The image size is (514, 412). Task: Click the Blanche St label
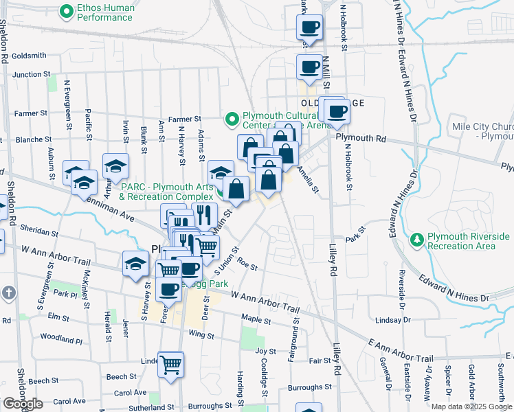pyautogui.click(x=29, y=139)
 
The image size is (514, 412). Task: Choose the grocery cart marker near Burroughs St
pyautogui.click(x=170, y=364)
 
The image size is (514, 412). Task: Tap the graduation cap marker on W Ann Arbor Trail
pyautogui.click(x=135, y=264)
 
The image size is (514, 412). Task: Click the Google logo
pyautogui.click(x=23, y=404)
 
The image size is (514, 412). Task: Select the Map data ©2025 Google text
pyautogui.click(x=471, y=407)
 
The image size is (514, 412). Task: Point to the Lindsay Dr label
pyautogui.click(x=393, y=320)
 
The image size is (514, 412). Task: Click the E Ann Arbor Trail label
pyautogui.click(x=401, y=350)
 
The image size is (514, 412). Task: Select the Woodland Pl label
pyautogui.click(x=61, y=338)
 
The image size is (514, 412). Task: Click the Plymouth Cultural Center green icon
pyautogui.click(x=232, y=119)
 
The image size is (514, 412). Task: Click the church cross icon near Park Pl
pyautogui.click(x=8, y=293)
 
